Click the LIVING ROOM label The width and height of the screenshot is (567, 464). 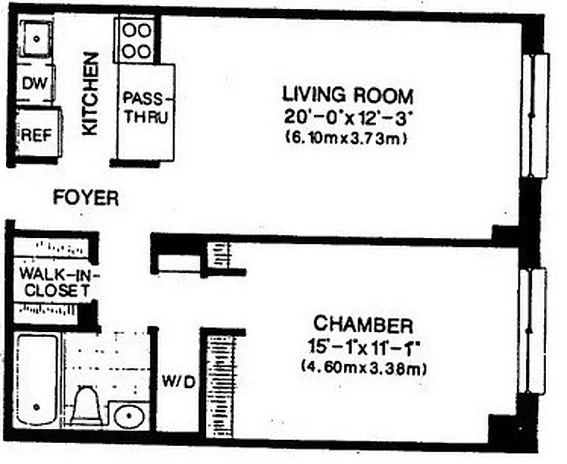tap(347, 94)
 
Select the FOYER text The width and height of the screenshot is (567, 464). tap(86, 198)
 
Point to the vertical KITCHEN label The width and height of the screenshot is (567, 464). tap(90, 94)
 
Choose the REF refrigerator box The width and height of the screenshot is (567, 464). tap(36, 134)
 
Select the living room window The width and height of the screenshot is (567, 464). tap(534, 115)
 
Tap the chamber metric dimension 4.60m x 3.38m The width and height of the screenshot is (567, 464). tap(364, 367)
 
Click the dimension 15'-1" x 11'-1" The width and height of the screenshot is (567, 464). tap(364, 347)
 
